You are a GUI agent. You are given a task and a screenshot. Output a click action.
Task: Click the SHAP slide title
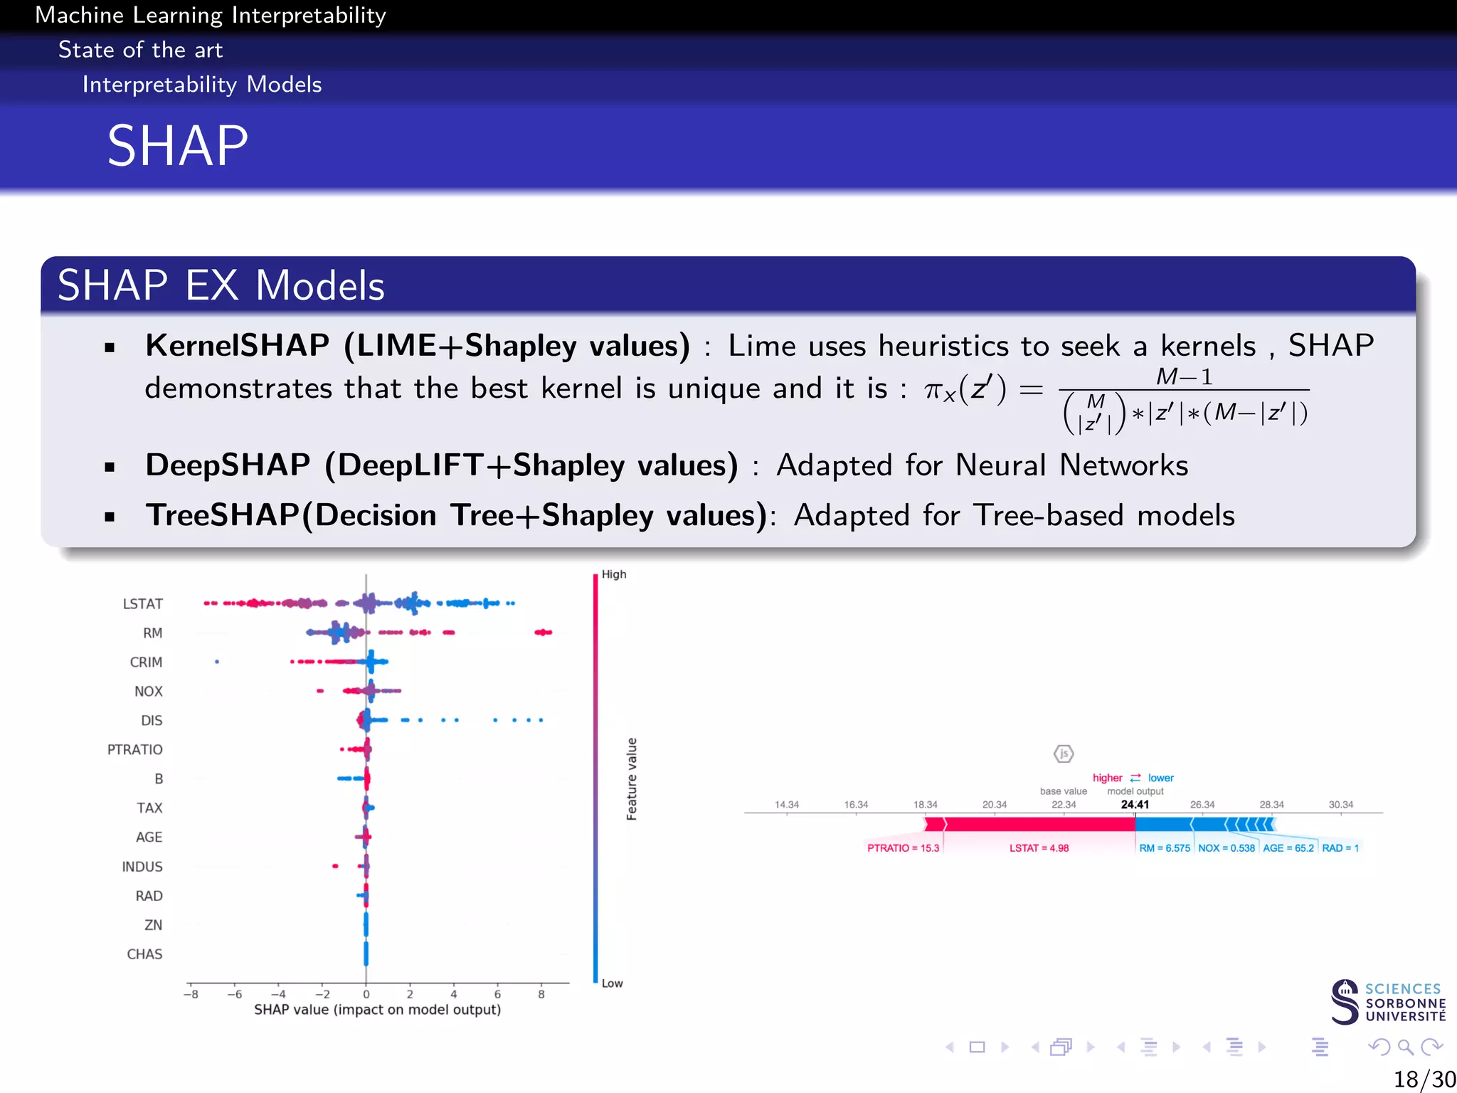coord(178,146)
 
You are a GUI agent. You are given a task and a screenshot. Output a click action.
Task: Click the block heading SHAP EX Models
coord(221,286)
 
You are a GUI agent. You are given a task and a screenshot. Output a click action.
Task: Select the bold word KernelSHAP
coord(237,346)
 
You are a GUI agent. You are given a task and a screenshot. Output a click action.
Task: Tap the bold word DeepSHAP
coord(228,465)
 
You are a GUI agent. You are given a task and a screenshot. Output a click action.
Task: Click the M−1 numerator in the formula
coord(1184,376)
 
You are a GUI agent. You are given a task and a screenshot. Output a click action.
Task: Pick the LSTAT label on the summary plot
coord(142,604)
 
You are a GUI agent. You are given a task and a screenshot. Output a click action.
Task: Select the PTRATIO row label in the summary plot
coord(134,750)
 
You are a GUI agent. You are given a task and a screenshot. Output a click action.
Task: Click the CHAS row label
coord(144,954)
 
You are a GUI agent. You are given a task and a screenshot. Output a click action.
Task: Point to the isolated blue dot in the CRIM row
coord(217,662)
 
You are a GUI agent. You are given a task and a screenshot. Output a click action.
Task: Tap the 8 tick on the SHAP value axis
coord(541,995)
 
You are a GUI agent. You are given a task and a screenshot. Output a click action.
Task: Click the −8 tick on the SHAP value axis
coord(190,995)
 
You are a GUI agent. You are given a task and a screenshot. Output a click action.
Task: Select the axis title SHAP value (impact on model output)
coord(377,1010)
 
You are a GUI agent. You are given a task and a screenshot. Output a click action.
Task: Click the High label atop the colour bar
coord(613,574)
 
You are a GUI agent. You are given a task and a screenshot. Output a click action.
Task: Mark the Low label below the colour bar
coord(612,983)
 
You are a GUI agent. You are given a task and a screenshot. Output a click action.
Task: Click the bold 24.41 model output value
coord(1135,805)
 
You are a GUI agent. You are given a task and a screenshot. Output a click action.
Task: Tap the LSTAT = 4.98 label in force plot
coord(1039,848)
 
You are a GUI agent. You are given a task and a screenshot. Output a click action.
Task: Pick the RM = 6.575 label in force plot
coord(1164,848)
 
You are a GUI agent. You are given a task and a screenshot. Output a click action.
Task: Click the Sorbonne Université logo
coord(1387,1002)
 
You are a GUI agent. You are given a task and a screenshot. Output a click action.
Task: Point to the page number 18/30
coord(1424,1079)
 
